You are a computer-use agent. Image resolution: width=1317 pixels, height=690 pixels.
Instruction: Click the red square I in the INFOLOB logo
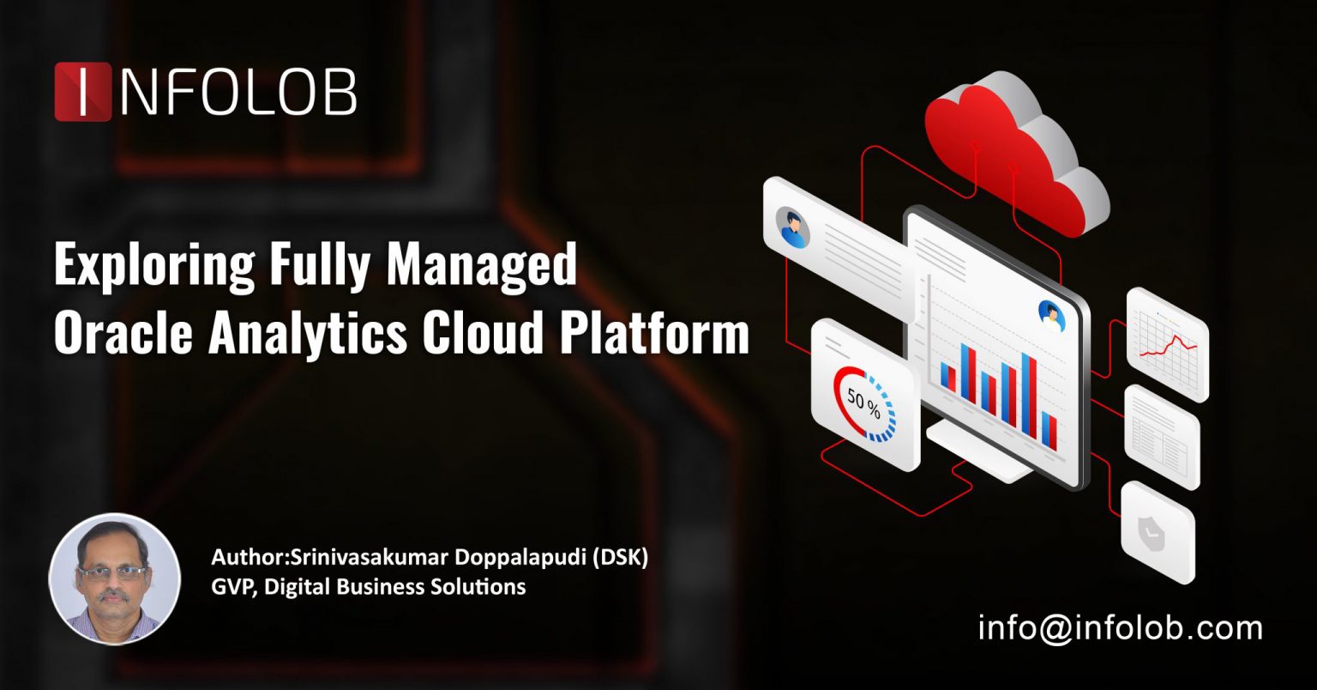[82, 91]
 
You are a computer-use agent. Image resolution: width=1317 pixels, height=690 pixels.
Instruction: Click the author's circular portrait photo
[115, 578]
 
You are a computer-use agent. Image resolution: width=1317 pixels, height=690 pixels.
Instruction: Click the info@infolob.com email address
[1120, 628]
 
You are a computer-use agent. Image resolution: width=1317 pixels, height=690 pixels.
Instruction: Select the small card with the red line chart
[1166, 343]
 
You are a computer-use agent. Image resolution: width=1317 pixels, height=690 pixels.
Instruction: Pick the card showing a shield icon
[1158, 532]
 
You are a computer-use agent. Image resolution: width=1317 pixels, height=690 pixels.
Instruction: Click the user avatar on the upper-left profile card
[793, 226]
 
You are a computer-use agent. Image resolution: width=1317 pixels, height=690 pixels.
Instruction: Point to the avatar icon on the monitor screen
[1050, 315]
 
